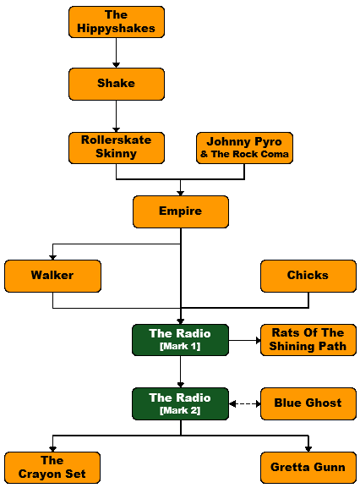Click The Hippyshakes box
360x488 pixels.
tap(117, 22)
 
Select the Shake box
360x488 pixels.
tap(117, 84)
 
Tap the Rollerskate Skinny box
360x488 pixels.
tap(117, 148)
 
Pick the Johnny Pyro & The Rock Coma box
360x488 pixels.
tap(244, 148)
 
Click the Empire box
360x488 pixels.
tap(181, 211)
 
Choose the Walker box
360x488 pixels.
tap(52, 276)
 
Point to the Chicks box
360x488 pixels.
tap(308, 276)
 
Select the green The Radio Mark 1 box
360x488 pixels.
tap(180, 340)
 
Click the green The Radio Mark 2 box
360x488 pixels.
tap(180, 403)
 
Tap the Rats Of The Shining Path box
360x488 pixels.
tap(308, 340)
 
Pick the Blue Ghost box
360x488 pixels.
tap(308, 403)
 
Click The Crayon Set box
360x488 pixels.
tap(52, 468)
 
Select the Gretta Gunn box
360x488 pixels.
tap(308, 468)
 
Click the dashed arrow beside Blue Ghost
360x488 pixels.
tap(245, 404)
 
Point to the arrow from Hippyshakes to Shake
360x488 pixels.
tap(117, 53)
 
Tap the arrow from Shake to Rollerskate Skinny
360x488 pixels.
tap(117, 117)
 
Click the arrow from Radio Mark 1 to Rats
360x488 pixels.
tap(245, 340)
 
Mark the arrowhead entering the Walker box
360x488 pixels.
tap(53, 257)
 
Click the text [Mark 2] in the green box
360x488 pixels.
tap(180, 410)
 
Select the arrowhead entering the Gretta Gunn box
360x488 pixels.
tap(308, 449)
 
